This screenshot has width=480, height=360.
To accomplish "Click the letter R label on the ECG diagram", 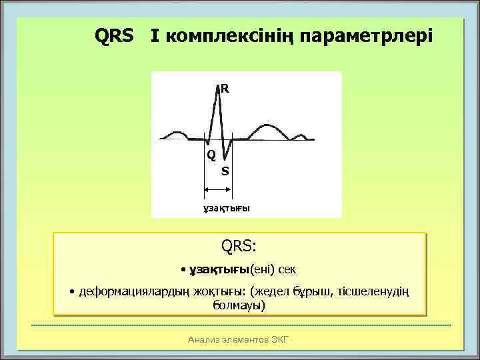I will tap(225, 88).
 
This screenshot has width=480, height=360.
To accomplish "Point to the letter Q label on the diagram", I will tap(211, 155).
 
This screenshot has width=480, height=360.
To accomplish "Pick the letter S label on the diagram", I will tap(225, 171).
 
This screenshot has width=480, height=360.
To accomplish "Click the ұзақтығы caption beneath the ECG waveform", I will tap(226, 207).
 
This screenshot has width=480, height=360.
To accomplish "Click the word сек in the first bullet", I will tap(288, 270).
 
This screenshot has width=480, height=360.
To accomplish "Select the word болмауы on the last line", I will tap(239, 305).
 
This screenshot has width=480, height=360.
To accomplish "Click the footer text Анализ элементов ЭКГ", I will tap(239, 339).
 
